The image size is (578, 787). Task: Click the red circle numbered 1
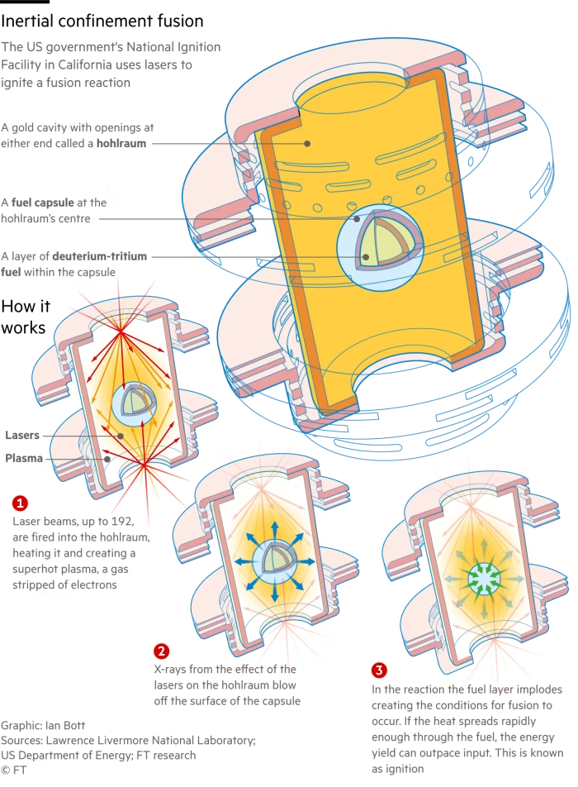coord(20,503)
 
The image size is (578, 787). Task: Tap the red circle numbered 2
coord(161,651)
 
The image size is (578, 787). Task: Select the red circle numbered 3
coord(379,670)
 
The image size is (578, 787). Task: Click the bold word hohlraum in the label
coord(121,144)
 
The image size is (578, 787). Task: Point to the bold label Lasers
coord(22,435)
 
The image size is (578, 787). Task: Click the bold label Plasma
coord(24,458)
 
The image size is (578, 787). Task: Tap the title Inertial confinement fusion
coord(102,21)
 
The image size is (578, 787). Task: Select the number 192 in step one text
coord(123,521)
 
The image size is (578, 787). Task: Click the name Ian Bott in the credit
coord(65,725)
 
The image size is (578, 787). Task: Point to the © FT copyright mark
coord(13,770)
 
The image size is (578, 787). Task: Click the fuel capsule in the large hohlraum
coord(380,245)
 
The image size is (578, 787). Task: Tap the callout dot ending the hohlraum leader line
coord(307,144)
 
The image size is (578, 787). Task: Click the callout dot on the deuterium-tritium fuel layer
coord(366,257)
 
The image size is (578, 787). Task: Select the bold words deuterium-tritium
coord(100,256)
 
